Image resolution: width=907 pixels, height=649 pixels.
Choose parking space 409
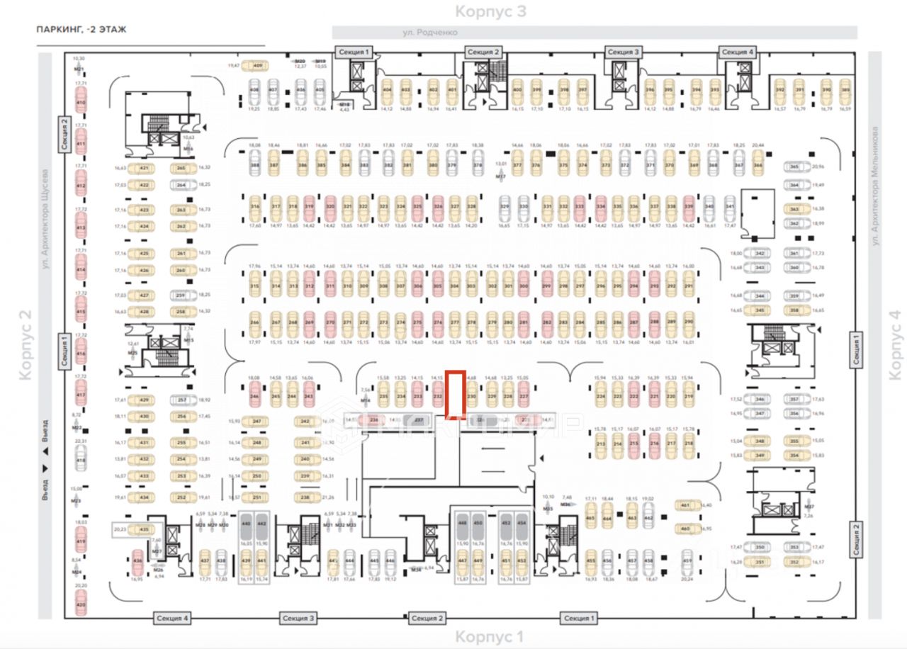click(257, 66)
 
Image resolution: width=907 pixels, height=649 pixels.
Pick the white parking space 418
click(80, 461)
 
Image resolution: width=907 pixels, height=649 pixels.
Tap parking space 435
click(144, 530)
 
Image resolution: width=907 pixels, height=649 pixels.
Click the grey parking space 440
click(246, 526)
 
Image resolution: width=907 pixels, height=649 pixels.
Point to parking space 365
click(794, 167)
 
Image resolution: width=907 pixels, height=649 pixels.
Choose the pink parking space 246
click(254, 397)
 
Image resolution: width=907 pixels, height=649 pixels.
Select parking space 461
click(685, 506)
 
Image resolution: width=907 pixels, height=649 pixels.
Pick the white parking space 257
click(182, 400)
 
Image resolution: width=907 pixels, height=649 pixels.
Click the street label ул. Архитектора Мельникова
click(876, 186)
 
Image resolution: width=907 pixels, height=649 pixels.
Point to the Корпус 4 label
click(895, 344)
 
